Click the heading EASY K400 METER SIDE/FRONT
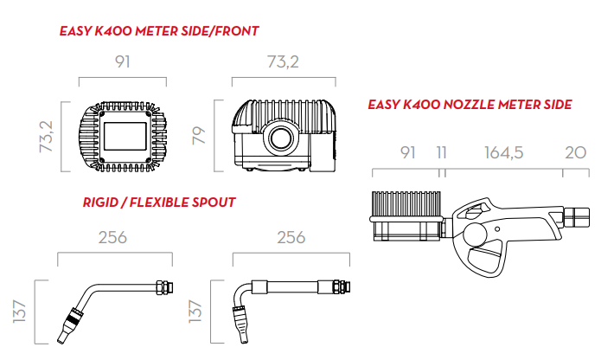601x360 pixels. [159, 31]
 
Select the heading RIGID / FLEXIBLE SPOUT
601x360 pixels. [159, 202]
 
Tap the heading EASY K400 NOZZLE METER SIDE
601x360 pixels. [470, 105]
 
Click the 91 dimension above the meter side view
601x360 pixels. [123, 62]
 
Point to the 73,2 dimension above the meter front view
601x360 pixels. [283, 62]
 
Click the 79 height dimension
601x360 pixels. [200, 135]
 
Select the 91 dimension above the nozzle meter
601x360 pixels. [407, 153]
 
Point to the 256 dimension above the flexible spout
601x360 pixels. [291, 238]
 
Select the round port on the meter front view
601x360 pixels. [282, 138]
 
